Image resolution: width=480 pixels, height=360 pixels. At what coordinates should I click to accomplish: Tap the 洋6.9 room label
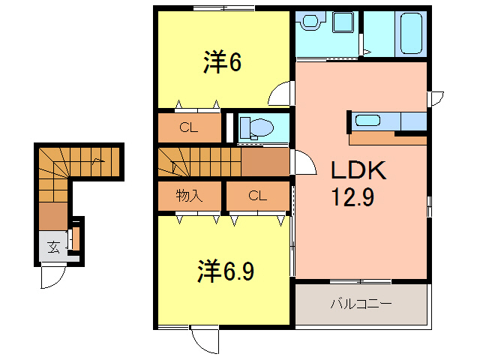226,270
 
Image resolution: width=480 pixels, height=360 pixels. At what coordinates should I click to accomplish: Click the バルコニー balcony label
361,305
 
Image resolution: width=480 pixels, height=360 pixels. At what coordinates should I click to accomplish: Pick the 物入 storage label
189,196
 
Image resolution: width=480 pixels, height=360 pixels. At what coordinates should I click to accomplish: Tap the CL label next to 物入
257,196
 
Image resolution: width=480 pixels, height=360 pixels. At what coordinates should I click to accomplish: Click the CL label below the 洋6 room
188,127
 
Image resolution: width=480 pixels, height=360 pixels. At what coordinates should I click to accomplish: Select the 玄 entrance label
53,246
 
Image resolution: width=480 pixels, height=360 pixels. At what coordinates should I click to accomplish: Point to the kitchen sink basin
368,120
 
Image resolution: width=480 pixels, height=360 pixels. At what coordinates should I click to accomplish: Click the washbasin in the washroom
308,22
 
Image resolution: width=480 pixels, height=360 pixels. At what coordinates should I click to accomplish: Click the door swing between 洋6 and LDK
280,94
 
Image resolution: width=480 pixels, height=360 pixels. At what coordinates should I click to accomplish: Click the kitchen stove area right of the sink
413,121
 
